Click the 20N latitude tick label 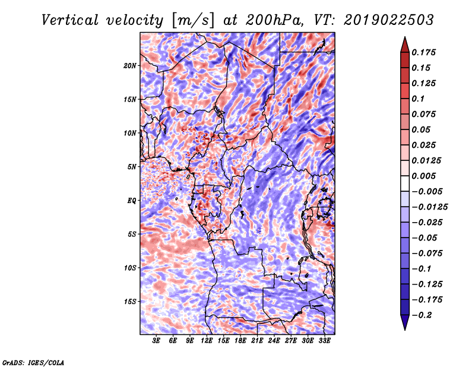[130, 66]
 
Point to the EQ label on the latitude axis [132, 201]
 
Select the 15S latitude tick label [130, 302]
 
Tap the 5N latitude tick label [132, 167]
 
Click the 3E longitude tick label [156, 341]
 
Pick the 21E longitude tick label [257, 341]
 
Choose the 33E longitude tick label [324, 341]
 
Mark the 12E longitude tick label [207, 341]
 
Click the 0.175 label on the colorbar [423, 52]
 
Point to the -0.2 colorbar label [422, 315]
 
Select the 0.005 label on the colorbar [423, 176]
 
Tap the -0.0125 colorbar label [429, 207]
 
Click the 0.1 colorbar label [418, 99]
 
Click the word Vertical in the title [70, 20]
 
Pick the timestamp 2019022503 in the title [389, 20]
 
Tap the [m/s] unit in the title [193, 21]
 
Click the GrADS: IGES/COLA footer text [33, 363]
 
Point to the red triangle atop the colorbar [405, 45]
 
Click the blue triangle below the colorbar [405, 322]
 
